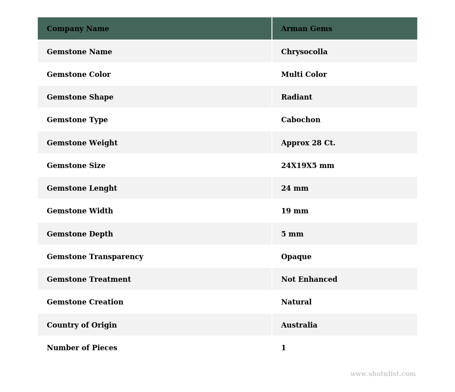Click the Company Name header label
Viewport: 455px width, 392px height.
click(x=78, y=29)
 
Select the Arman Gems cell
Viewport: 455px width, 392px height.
click(x=307, y=29)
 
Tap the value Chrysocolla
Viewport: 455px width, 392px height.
click(x=304, y=52)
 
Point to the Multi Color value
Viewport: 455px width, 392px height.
click(x=304, y=75)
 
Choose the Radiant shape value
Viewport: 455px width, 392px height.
click(x=297, y=97)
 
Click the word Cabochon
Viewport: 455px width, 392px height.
click(x=301, y=120)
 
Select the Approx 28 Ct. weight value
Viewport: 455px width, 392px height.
click(x=308, y=143)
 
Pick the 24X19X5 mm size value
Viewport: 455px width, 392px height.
click(x=307, y=166)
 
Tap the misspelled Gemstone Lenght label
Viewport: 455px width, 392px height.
click(x=82, y=188)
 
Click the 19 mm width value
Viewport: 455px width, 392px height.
click(x=295, y=211)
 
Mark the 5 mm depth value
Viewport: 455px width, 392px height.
click(x=292, y=234)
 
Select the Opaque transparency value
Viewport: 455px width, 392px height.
click(x=296, y=257)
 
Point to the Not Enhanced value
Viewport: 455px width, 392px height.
click(x=309, y=280)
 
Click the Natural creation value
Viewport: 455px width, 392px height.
click(x=296, y=302)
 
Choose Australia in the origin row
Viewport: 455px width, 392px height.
click(x=299, y=325)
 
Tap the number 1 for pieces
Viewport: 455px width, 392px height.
click(x=283, y=348)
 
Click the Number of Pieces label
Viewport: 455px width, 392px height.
click(x=82, y=348)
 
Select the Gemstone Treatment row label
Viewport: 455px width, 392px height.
click(x=89, y=280)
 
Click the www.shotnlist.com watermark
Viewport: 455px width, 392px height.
click(x=383, y=374)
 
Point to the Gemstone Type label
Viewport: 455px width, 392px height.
click(x=77, y=120)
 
